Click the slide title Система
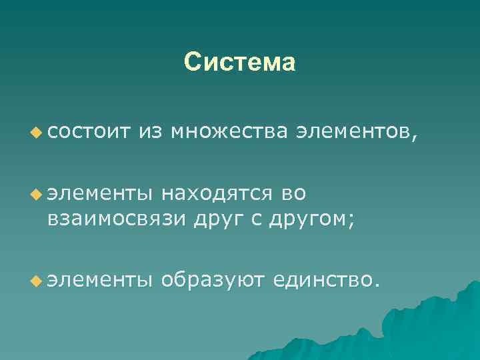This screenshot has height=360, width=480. (239, 62)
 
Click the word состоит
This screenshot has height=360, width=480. (87, 133)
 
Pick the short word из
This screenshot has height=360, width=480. (150, 133)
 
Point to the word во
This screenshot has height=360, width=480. (293, 194)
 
